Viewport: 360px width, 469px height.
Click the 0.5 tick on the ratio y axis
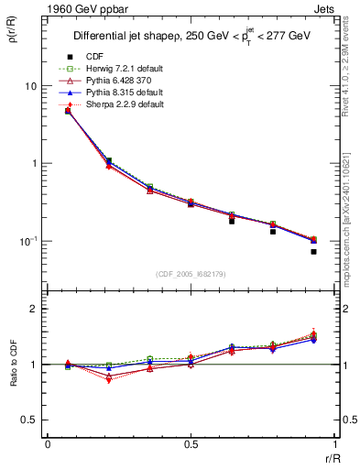pyautogui.click(x=35, y=420)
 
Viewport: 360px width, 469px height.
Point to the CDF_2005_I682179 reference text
pyautogui.click(x=190, y=274)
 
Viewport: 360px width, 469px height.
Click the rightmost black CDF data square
pyautogui.click(x=313, y=251)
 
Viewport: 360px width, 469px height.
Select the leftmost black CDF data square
pyautogui.click(x=68, y=111)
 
